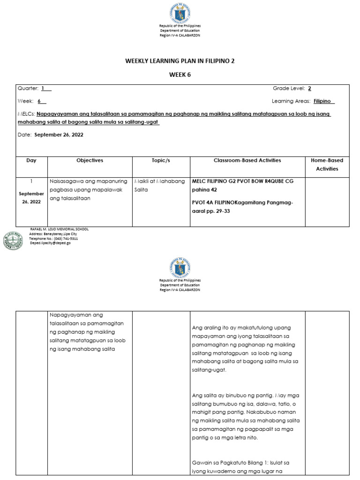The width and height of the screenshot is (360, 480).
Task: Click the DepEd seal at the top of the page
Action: click(x=180, y=16)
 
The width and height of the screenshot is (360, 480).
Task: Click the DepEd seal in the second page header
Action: click(x=180, y=268)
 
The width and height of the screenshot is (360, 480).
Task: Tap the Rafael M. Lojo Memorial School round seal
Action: click(x=13, y=240)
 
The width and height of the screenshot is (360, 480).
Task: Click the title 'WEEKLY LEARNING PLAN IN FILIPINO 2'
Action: click(x=180, y=61)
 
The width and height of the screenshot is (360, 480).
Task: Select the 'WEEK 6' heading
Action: click(x=180, y=75)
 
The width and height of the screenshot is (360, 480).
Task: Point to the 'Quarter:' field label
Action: click(x=28, y=89)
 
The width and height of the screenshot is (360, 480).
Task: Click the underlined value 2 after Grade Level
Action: click(x=309, y=89)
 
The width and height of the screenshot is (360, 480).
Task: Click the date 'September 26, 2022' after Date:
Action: click(x=58, y=135)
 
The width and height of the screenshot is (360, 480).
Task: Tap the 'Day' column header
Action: click(x=31, y=160)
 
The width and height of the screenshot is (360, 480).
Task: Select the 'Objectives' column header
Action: click(x=90, y=160)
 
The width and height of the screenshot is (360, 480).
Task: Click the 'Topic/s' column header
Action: click(x=161, y=160)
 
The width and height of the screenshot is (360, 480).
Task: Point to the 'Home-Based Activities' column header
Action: click(x=327, y=165)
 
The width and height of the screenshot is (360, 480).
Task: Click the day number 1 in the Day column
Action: click(x=31, y=181)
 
